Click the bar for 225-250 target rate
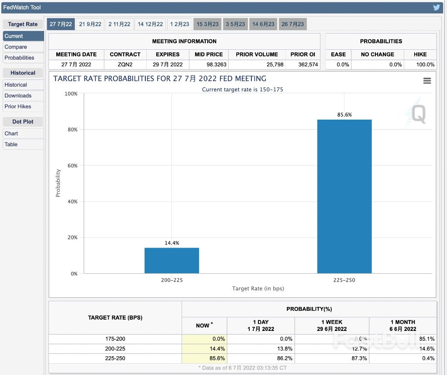344,196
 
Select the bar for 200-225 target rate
172,261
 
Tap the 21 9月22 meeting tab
90,24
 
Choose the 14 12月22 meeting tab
150,24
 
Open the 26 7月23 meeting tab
292,24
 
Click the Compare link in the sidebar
16,47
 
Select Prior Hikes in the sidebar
18,107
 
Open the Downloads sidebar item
18,96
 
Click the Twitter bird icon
436,7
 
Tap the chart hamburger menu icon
427,81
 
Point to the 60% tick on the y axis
71,166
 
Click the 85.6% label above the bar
344,115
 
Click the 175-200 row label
115,339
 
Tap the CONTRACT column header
125,54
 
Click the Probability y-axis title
58,183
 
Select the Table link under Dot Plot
11,144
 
